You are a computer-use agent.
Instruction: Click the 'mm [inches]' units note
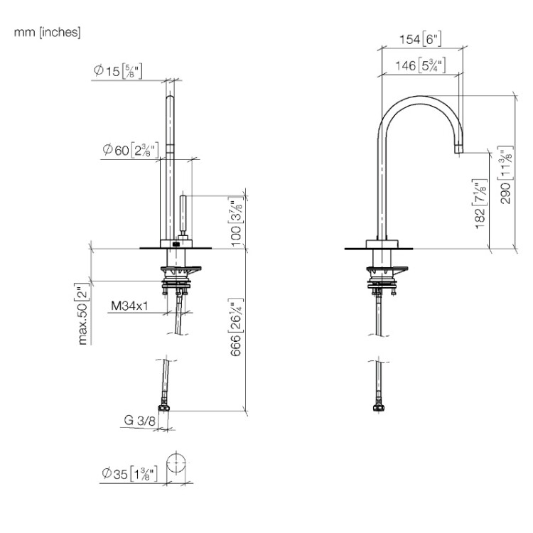47,32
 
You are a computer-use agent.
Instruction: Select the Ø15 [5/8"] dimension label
118,71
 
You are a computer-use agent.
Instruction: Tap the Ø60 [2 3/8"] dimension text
131,150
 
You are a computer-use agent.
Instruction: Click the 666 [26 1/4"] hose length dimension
237,327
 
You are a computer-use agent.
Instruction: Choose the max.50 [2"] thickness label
83,313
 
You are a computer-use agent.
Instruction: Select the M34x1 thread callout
129,306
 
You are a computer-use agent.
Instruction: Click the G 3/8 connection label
139,420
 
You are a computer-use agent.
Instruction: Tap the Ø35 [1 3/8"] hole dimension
129,473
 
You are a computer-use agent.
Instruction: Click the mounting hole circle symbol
176,463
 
